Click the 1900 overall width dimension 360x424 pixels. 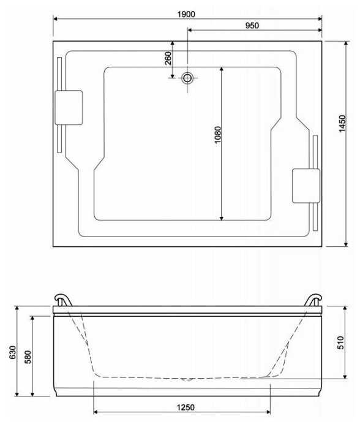(x=186, y=14)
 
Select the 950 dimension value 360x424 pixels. (x=252, y=25)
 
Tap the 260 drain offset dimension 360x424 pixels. (x=168, y=58)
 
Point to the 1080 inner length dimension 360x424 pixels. (x=217, y=135)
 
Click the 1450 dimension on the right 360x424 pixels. (x=342, y=124)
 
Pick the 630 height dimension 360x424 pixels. (x=12, y=352)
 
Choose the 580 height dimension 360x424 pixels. (x=28, y=357)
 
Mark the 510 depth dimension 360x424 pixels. (x=340, y=343)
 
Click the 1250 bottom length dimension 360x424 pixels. (x=186, y=407)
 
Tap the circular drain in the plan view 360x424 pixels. (x=187, y=78)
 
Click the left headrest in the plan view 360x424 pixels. (x=69, y=108)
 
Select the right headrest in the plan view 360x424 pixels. (x=306, y=186)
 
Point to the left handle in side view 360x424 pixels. (x=63, y=300)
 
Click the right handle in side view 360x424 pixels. (x=313, y=300)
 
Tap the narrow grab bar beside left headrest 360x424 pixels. (x=59, y=105)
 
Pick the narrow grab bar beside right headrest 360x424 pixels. (x=315, y=183)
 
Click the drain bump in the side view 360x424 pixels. (x=187, y=379)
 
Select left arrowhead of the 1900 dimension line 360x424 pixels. (x=55, y=18)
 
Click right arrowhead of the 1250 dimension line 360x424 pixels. (x=268, y=412)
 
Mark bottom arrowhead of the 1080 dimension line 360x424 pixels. (x=222, y=218)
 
